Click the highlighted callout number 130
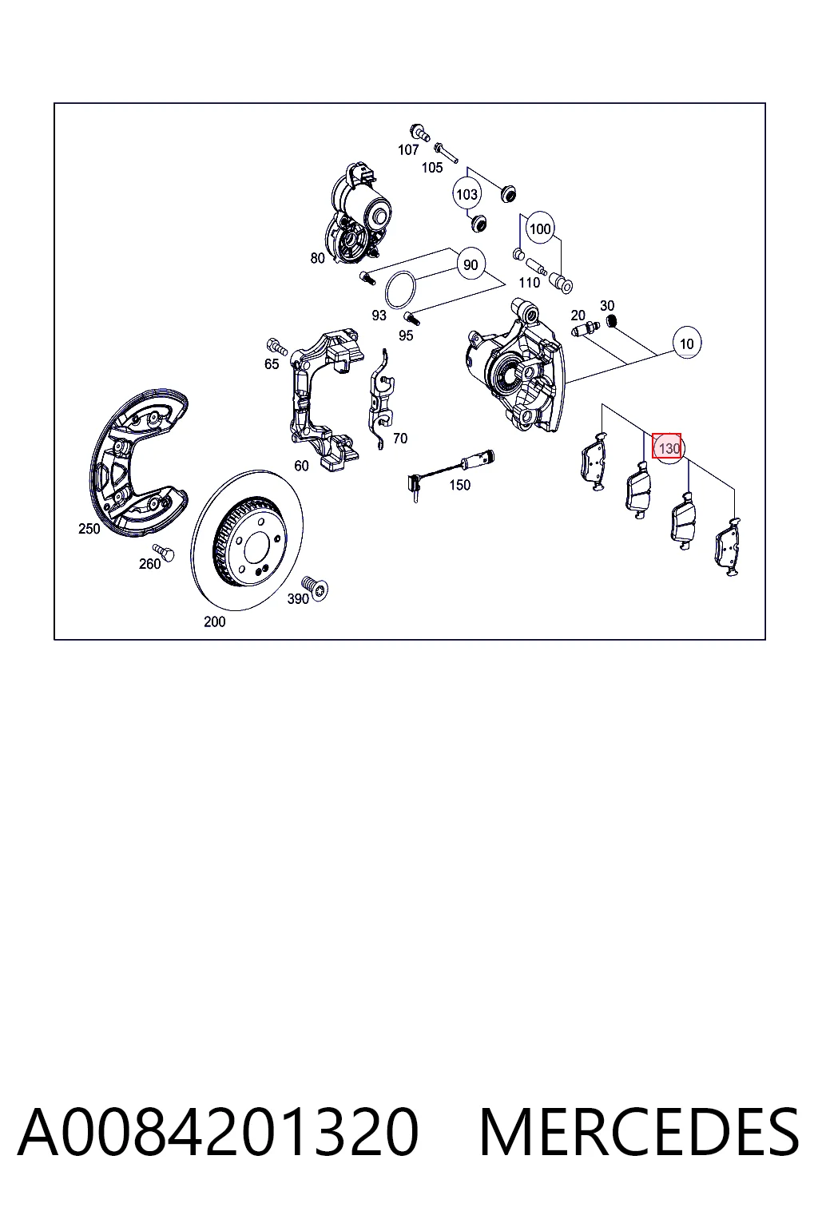pos(666,448)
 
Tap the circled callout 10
pos(686,343)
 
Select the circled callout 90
pos(471,265)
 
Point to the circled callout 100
pos(540,228)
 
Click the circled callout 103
pos(467,194)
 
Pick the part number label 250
pos(89,529)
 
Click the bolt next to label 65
pos(276,346)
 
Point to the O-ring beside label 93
pos(400,289)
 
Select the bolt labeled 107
pos(419,132)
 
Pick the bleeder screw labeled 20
pos(585,329)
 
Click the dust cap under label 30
pos(611,320)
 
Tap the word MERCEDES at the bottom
pos(639,1132)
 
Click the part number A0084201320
pos(219,1132)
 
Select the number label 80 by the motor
pos(317,258)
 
